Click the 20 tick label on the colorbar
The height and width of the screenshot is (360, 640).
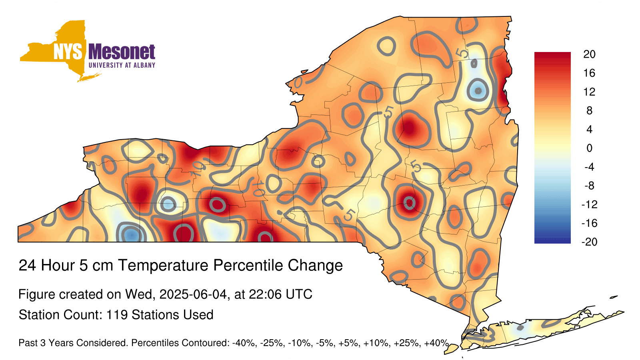point(590,54)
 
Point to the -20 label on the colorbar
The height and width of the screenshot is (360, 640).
point(590,242)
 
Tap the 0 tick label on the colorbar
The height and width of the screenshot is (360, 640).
point(590,148)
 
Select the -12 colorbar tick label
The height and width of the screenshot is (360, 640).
point(590,204)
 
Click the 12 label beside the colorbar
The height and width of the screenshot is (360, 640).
point(590,92)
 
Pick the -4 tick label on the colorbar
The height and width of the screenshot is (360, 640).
point(590,167)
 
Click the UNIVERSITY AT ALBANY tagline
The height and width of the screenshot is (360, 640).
point(122,65)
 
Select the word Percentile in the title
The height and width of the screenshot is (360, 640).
point(248,265)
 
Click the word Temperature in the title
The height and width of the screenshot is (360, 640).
point(163,266)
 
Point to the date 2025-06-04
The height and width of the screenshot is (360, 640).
point(193,294)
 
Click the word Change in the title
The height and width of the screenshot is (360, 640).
point(315,266)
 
